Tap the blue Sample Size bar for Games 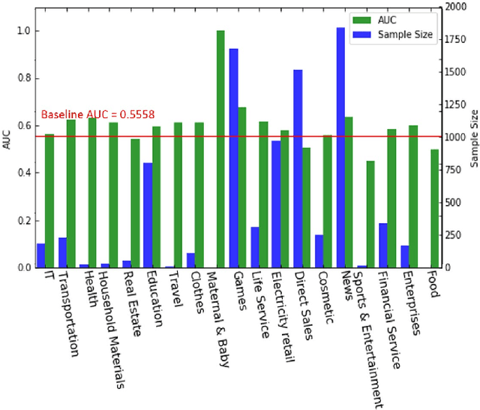click(x=233, y=158)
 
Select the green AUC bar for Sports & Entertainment click(x=370, y=214)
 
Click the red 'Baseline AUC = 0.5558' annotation click(x=97, y=115)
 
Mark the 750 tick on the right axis click(x=452, y=170)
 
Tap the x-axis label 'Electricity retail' click(x=285, y=315)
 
